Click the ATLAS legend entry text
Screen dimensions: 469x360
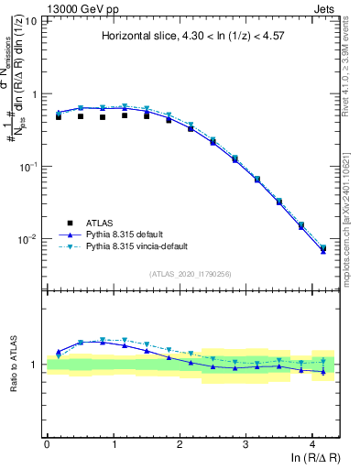100,223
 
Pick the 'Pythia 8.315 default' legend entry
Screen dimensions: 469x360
124,234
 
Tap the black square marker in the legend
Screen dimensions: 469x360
70,223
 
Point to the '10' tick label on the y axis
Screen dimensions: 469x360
29,20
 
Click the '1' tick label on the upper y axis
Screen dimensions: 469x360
34,93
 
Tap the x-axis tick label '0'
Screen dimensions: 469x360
47,444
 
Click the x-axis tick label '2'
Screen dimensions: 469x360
180,444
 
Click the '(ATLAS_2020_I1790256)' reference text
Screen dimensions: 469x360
191,274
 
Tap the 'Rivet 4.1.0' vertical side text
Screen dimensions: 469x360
350,64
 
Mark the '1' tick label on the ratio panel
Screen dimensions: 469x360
35,365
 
